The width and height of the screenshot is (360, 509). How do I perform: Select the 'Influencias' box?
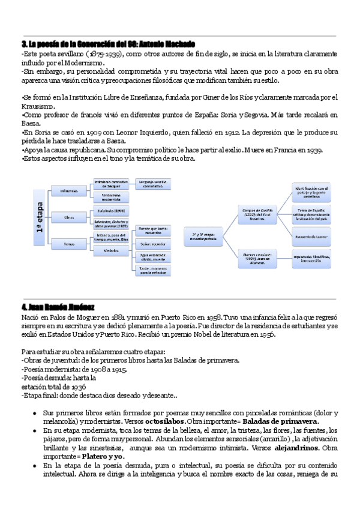point(68,191)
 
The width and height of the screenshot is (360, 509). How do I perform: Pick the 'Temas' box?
point(68,243)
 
